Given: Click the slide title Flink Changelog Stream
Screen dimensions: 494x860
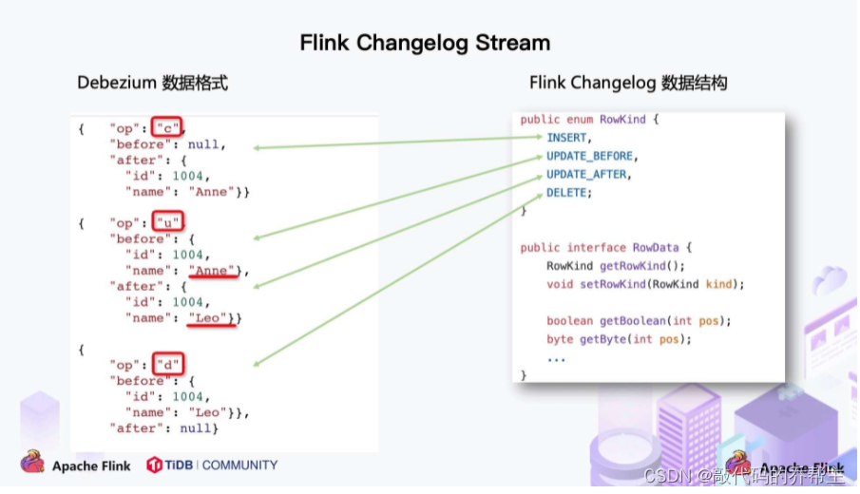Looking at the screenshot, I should pos(425,43).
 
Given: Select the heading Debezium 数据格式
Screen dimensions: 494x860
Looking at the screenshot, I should pos(152,84).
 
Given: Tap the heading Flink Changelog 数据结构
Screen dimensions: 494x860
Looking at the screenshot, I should pos(628,84).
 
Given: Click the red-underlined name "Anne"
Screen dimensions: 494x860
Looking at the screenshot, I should pos(212,271).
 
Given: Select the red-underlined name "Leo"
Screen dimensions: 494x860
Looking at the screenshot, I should pos(208,318).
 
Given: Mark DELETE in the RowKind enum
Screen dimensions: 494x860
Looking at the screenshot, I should pos(568,193).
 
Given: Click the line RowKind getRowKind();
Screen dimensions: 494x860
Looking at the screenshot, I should pos(615,266).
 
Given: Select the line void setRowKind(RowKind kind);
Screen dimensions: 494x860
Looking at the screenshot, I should pos(645,284).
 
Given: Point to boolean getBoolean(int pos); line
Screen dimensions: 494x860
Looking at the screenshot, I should pos(639,321).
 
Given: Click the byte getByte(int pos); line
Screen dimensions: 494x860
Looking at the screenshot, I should pos(619,339).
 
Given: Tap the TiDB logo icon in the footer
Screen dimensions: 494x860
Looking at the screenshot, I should pos(155,465).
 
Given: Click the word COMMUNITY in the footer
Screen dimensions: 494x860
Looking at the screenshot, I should pos(239,465).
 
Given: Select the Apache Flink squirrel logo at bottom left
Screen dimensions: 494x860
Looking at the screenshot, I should pos(32,464).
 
